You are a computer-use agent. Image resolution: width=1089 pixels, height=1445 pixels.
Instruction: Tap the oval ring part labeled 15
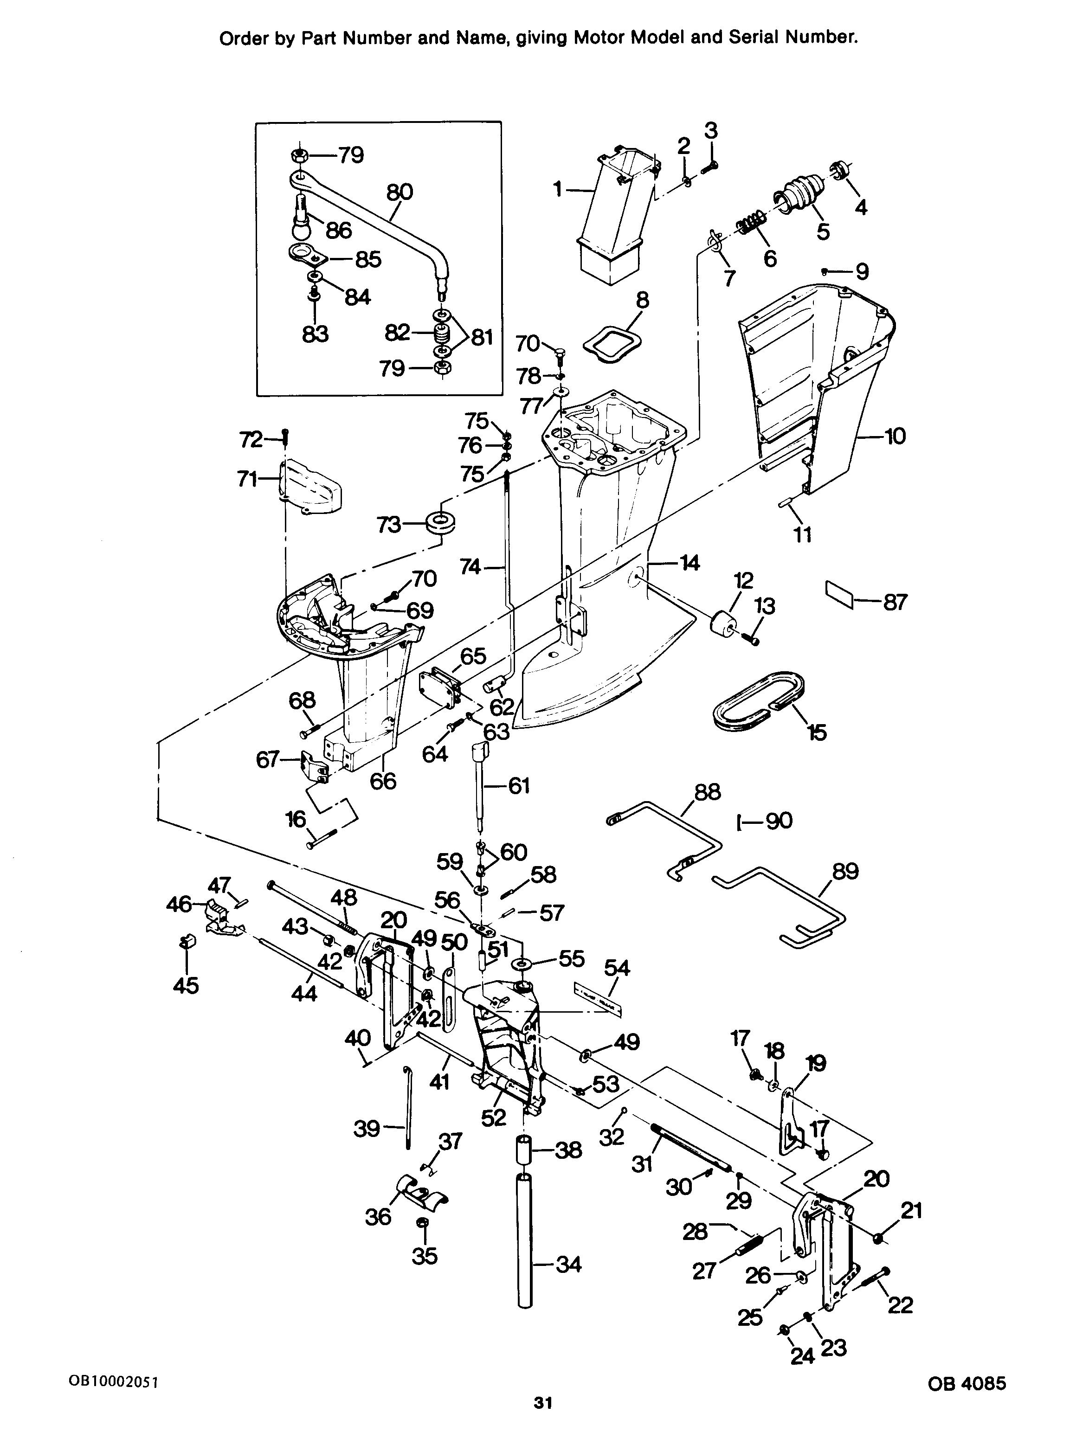click(x=757, y=700)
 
